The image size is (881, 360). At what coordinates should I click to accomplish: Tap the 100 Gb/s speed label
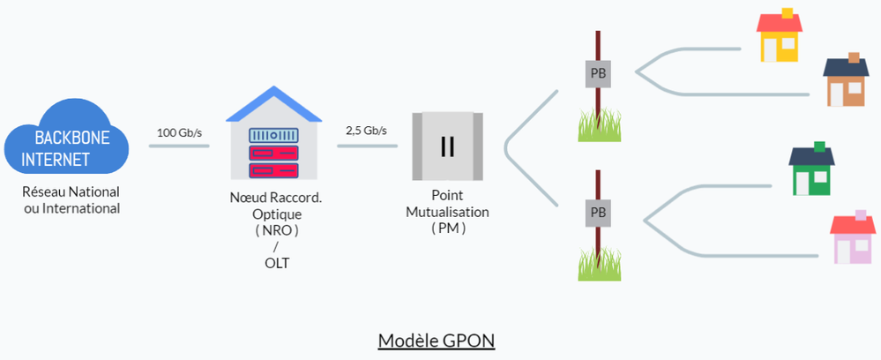(x=179, y=132)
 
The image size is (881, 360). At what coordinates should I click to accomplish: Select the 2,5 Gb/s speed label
(x=366, y=131)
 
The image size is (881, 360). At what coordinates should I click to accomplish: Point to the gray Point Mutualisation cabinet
(x=447, y=146)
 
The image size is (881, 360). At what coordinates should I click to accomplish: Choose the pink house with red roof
(x=853, y=239)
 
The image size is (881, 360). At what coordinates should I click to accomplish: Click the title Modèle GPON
(x=437, y=341)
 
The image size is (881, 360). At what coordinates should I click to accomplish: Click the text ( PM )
(x=447, y=229)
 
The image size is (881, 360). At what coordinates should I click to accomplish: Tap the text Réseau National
(x=71, y=191)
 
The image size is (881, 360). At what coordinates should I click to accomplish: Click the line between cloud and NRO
(x=179, y=145)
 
